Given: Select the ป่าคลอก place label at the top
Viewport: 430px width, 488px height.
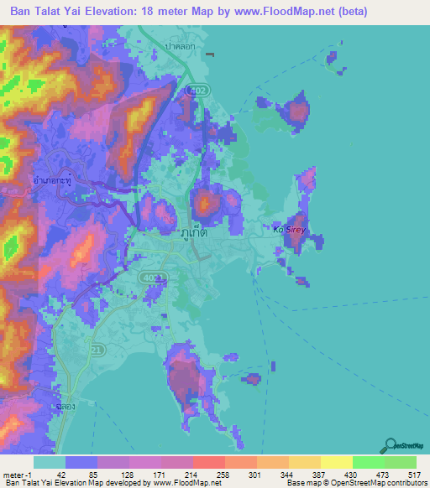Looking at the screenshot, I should pos(180,47).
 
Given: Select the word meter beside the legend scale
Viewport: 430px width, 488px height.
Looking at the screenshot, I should pos(15,475).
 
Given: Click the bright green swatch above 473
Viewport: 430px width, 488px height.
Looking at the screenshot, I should pos(368,462).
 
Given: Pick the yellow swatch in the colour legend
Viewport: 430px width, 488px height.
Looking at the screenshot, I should pos(336,462).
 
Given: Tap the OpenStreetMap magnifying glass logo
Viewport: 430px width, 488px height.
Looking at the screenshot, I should pos(390,444).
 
